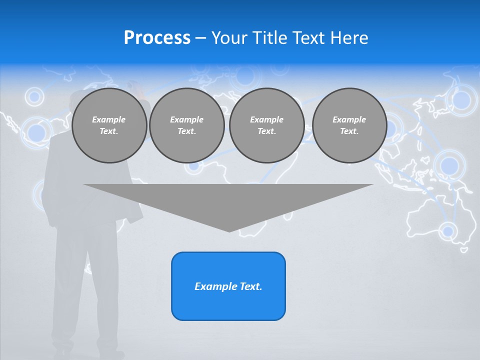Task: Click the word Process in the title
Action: pos(157,38)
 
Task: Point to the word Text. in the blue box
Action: pos(250,286)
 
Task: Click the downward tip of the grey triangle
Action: pos(229,230)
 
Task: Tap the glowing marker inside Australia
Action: pos(448,231)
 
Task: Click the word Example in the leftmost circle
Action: pos(108,119)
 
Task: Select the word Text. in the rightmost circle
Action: pos(349,131)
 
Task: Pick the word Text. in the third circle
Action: pos(266,131)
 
